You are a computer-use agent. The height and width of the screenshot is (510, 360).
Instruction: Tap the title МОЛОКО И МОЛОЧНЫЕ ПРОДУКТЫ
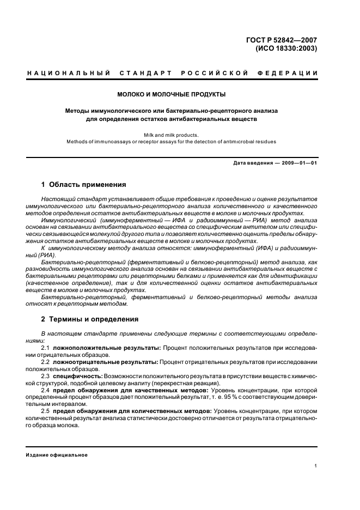tap(172, 94)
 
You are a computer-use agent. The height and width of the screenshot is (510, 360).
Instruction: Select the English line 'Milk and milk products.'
tap(172, 135)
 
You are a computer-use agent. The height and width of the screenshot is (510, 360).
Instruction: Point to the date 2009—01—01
tap(297, 163)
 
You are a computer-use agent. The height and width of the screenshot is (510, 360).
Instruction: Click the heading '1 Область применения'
tap(84, 185)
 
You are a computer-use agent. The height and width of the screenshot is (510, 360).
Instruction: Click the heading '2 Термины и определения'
tap(90, 319)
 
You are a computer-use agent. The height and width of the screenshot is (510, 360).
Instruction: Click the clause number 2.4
tap(46, 390)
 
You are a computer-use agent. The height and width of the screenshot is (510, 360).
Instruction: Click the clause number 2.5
tap(46, 411)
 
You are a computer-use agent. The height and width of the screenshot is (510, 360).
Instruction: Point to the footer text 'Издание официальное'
tap(57, 454)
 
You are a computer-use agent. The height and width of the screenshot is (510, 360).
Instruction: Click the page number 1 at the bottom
tap(316, 465)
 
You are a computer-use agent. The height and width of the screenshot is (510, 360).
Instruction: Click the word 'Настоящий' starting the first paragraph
tap(57, 200)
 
